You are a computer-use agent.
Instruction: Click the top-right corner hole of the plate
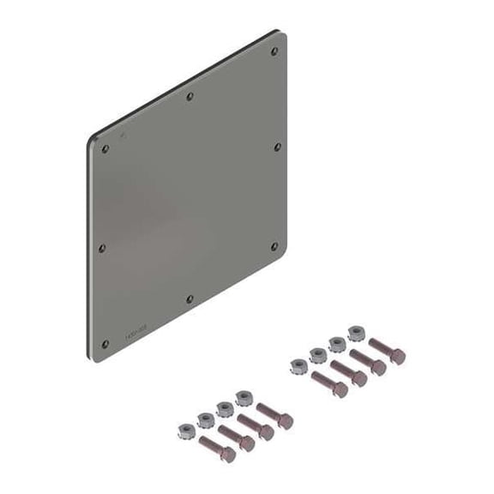click(274, 51)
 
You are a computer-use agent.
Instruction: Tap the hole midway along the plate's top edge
click(190, 96)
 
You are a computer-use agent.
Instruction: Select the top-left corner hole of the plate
click(105, 148)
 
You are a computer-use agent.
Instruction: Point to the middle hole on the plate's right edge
click(277, 147)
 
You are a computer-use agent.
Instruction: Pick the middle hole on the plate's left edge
click(102, 248)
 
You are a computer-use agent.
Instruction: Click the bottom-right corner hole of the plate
click(274, 246)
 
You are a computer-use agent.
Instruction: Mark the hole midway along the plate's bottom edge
click(190, 298)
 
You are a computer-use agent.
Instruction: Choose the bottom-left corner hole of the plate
click(105, 345)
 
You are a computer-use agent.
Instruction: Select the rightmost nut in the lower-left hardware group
click(243, 397)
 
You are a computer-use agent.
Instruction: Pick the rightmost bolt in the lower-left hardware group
click(275, 418)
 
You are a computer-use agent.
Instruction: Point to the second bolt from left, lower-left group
click(236, 438)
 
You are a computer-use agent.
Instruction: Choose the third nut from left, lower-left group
click(225, 408)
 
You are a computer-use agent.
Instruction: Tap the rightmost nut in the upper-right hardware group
click(356, 332)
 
